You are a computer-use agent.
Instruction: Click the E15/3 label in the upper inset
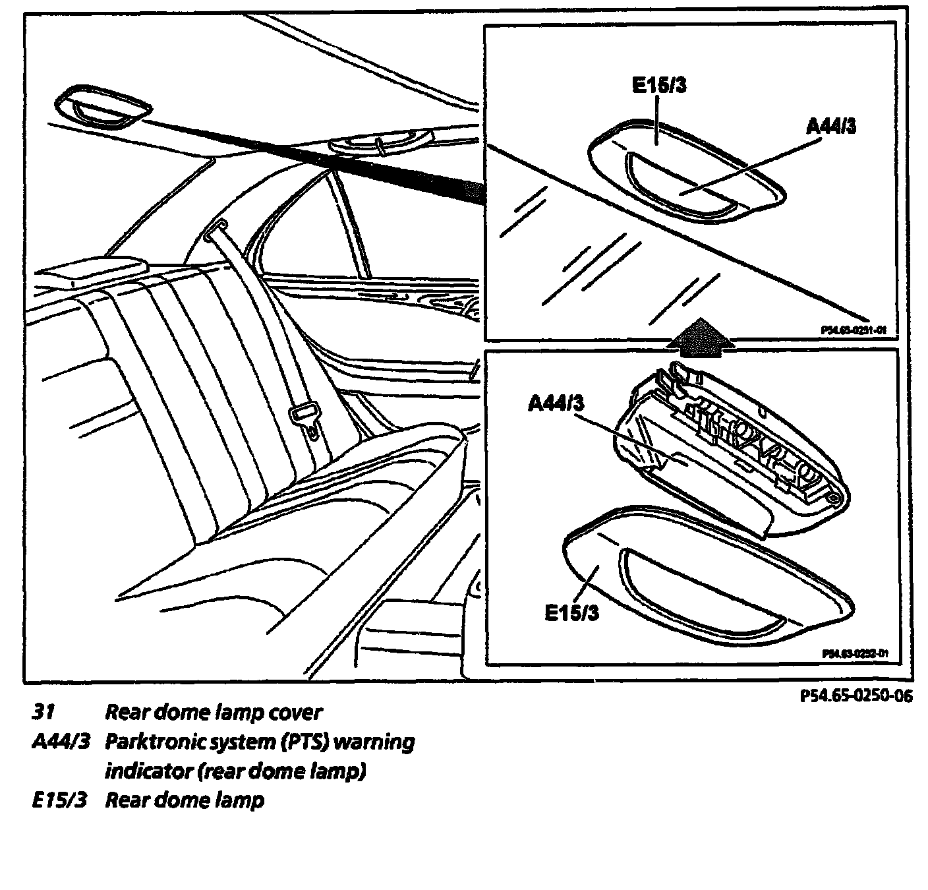tap(659, 86)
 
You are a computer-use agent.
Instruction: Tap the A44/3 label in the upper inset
tap(832, 125)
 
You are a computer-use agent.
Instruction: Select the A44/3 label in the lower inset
tap(556, 403)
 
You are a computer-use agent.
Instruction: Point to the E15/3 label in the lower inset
tap(572, 612)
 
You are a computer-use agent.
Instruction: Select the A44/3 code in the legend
tap(60, 742)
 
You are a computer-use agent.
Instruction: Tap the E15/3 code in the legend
tap(59, 800)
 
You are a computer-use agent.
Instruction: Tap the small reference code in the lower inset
tap(855, 653)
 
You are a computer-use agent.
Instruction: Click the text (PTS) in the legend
tap(303, 742)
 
